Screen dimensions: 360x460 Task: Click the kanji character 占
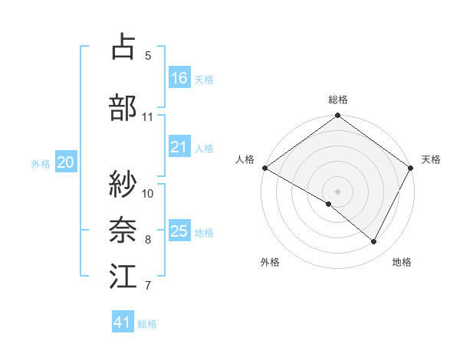[123, 47]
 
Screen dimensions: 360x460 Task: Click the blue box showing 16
[179, 78]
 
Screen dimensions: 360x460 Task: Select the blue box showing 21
[179, 147]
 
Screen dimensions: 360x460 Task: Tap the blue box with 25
[179, 231]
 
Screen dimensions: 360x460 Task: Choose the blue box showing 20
[66, 162]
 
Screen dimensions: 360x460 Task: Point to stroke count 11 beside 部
[148, 117]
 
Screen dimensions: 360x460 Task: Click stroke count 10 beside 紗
[148, 193]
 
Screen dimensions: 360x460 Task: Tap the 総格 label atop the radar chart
[338, 100]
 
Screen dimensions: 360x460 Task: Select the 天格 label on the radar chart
[431, 159]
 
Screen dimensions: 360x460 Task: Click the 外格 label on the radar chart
[270, 262]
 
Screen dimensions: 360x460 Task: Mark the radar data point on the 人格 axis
[264, 168]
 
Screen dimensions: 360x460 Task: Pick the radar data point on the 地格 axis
[374, 242]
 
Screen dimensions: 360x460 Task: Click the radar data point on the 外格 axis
[329, 204]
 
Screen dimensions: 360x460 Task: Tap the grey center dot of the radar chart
[337, 191]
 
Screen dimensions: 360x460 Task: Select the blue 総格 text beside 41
[147, 324]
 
